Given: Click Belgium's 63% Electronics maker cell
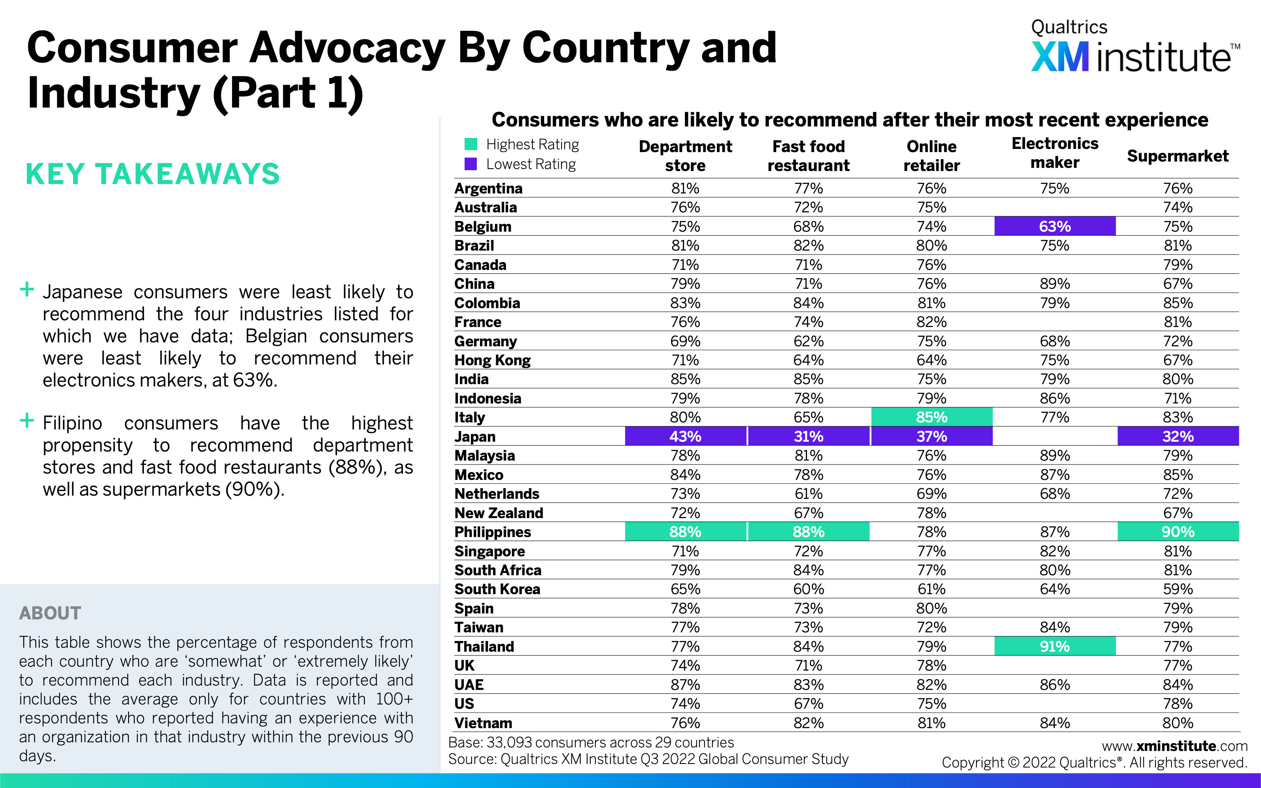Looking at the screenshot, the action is [x=1055, y=226].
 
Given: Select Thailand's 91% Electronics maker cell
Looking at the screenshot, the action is [x=1055, y=646].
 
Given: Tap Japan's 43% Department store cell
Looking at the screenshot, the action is [x=685, y=436].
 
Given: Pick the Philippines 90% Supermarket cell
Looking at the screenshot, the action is [x=1177, y=532].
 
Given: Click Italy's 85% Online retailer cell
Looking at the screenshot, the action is [x=931, y=417].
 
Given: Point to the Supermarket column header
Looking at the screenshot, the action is [x=1177, y=156].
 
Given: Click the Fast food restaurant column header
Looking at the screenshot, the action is [x=808, y=156].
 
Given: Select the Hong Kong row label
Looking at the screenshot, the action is [x=493, y=360].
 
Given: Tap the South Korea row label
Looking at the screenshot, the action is [x=497, y=589].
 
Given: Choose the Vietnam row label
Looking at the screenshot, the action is [x=483, y=723].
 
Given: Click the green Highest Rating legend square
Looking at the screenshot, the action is [x=471, y=144].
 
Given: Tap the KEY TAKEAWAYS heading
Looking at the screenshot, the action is [x=153, y=173].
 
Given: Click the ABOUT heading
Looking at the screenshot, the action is [x=50, y=613].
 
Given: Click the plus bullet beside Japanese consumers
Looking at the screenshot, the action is [x=26, y=289].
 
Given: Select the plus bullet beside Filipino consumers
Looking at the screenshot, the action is [x=26, y=420].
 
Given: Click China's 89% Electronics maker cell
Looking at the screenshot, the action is [x=1055, y=284].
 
